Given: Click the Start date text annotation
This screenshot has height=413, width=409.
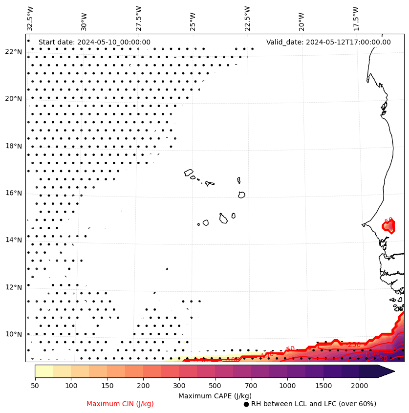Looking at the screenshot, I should point(94,42).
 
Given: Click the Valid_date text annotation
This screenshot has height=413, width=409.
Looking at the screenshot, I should point(328,42).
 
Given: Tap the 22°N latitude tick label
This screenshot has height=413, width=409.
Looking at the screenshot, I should point(14,52).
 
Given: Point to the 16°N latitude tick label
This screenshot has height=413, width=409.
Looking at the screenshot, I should point(14,193).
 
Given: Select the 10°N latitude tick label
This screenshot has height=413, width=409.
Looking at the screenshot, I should point(14,334).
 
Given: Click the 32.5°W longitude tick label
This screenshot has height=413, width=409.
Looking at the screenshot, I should point(30,18).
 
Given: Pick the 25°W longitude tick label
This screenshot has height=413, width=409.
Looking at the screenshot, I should point(193,21).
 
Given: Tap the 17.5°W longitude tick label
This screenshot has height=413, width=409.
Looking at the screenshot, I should point(356,18).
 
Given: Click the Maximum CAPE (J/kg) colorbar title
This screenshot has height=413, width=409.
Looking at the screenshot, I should point(215,395).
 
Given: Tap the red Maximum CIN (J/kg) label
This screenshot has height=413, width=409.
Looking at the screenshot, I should point(120,404).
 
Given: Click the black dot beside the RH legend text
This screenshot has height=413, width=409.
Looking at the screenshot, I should point(246,404).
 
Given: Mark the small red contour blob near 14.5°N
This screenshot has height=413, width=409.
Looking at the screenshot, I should point(388,226).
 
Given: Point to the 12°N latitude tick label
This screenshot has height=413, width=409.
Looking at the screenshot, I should point(14,287).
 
